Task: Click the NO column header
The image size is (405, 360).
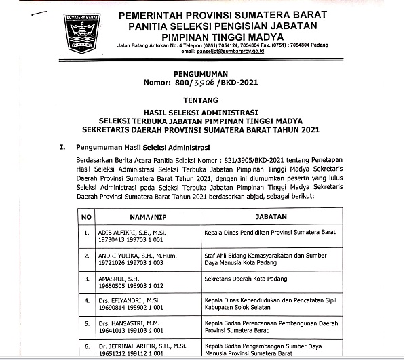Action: (86, 216)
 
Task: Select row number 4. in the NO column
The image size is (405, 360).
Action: (86, 302)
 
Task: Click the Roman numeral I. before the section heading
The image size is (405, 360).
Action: (62, 146)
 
